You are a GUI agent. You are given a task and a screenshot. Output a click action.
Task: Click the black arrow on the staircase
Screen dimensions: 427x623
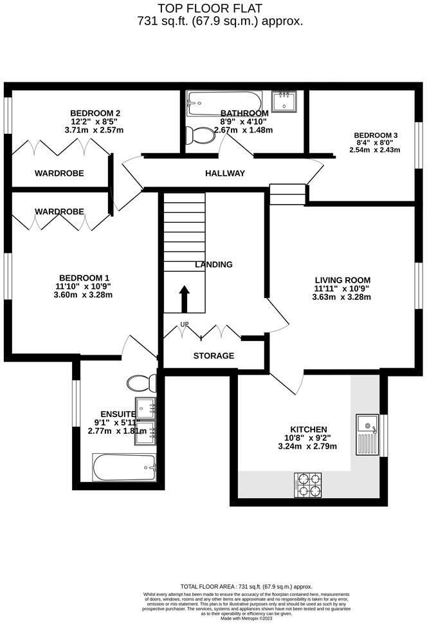pyautogui.click(x=184, y=299)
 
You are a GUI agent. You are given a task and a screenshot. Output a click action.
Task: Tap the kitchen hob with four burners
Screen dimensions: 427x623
pyautogui.click(x=307, y=485)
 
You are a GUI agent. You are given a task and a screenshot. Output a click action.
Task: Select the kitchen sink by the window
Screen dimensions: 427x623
pyautogui.click(x=368, y=434)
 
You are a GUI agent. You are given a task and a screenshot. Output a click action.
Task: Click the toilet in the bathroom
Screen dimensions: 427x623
pyautogui.click(x=199, y=136)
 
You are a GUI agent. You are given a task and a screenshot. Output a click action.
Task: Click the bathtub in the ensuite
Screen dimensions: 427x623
pyautogui.click(x=124, y=468)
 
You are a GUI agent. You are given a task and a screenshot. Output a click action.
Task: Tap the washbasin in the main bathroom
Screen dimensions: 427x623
pyautogui.click(x=284, y=102)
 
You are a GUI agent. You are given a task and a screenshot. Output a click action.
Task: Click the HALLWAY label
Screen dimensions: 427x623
pyautogui.click(x=225, y=173)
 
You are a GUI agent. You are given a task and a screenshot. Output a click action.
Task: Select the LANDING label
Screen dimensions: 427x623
pyautogui.click(x=214, y=265)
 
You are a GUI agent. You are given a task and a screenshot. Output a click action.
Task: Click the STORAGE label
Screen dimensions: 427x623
pyautogui.click(x=213, y=356)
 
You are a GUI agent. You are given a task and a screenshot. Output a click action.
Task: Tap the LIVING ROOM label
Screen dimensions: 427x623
pyautogui.click(x=342, y=280)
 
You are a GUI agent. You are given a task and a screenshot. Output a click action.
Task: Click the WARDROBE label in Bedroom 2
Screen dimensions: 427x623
pyautogui.click(x=59, y=173)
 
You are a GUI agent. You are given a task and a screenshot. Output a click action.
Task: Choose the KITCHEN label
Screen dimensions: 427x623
pyautogui.click(x=309, y=429)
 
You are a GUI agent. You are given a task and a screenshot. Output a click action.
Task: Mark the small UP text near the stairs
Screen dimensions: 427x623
pyautogui.click(x=185, y=324)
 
